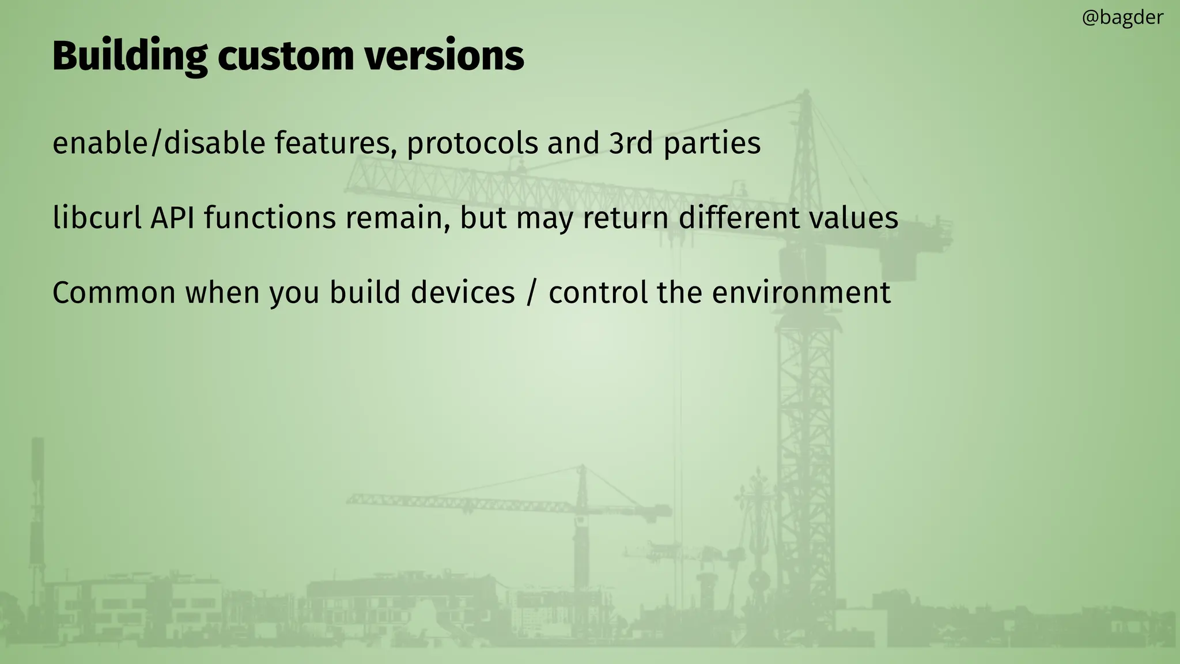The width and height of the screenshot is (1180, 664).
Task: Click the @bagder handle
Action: pos(1122,18)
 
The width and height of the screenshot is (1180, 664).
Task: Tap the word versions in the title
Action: pos(444,56)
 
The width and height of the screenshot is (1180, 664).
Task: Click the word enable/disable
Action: pos(158,143)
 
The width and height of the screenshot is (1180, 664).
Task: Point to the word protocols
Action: pos(472,143)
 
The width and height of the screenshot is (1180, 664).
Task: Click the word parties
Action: pos(712,143)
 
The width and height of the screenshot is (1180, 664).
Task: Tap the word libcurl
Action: pos(97,218)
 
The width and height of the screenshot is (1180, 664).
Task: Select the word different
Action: pos(739,218)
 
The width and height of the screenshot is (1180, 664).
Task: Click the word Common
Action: pos(114,293)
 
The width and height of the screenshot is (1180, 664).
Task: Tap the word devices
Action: pos(463,293)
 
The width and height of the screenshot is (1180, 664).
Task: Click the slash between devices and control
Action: pos(531,293)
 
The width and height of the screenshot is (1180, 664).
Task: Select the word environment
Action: pos(801,293)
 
